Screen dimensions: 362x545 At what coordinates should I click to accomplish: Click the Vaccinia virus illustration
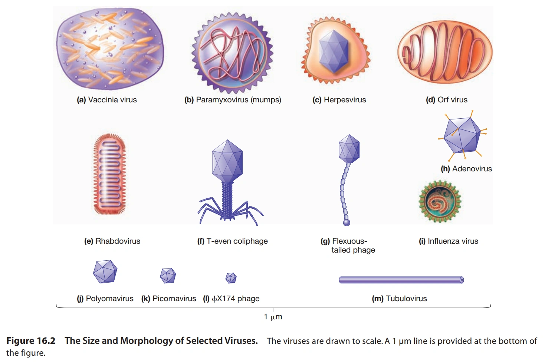110,48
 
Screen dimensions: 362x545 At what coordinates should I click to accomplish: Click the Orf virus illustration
445,52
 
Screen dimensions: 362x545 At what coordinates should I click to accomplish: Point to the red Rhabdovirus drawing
109,174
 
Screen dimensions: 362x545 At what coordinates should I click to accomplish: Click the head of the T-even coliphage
227,162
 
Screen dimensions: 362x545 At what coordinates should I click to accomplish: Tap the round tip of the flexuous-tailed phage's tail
347,223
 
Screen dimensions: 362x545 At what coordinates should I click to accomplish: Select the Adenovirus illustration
462,135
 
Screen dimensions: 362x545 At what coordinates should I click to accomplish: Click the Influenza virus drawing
440,202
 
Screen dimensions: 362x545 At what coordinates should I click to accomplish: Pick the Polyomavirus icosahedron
105,272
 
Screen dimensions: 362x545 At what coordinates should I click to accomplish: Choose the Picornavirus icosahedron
168,276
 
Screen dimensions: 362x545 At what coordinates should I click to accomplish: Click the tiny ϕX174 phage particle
231,278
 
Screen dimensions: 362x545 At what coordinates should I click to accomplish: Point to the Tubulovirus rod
401,280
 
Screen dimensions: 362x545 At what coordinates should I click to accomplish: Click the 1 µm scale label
273,317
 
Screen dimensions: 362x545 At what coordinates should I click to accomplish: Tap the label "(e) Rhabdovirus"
112,241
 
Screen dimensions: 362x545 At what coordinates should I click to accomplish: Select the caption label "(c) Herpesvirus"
339,100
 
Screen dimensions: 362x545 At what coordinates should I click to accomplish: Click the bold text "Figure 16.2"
31,341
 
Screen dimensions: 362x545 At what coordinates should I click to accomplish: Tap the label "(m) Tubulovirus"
399,299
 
